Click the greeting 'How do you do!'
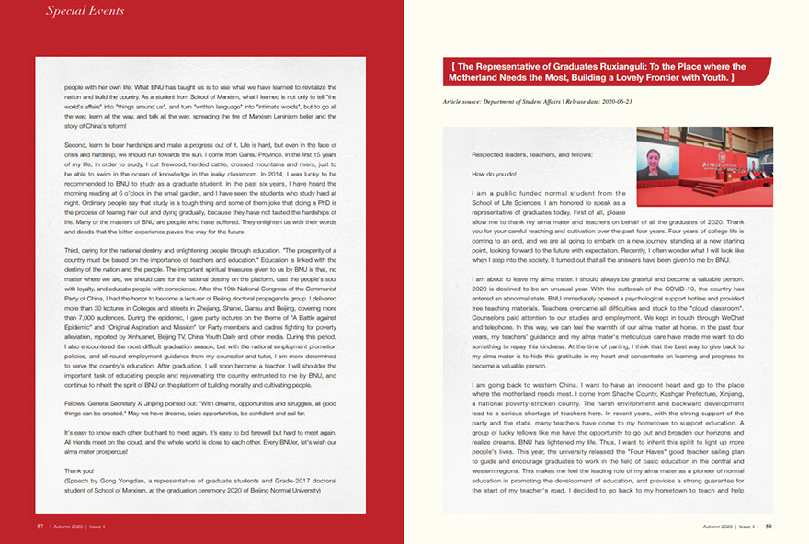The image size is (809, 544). point(494,174)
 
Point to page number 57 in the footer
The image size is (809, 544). point(40,527)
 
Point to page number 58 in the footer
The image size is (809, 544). point(769,527)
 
